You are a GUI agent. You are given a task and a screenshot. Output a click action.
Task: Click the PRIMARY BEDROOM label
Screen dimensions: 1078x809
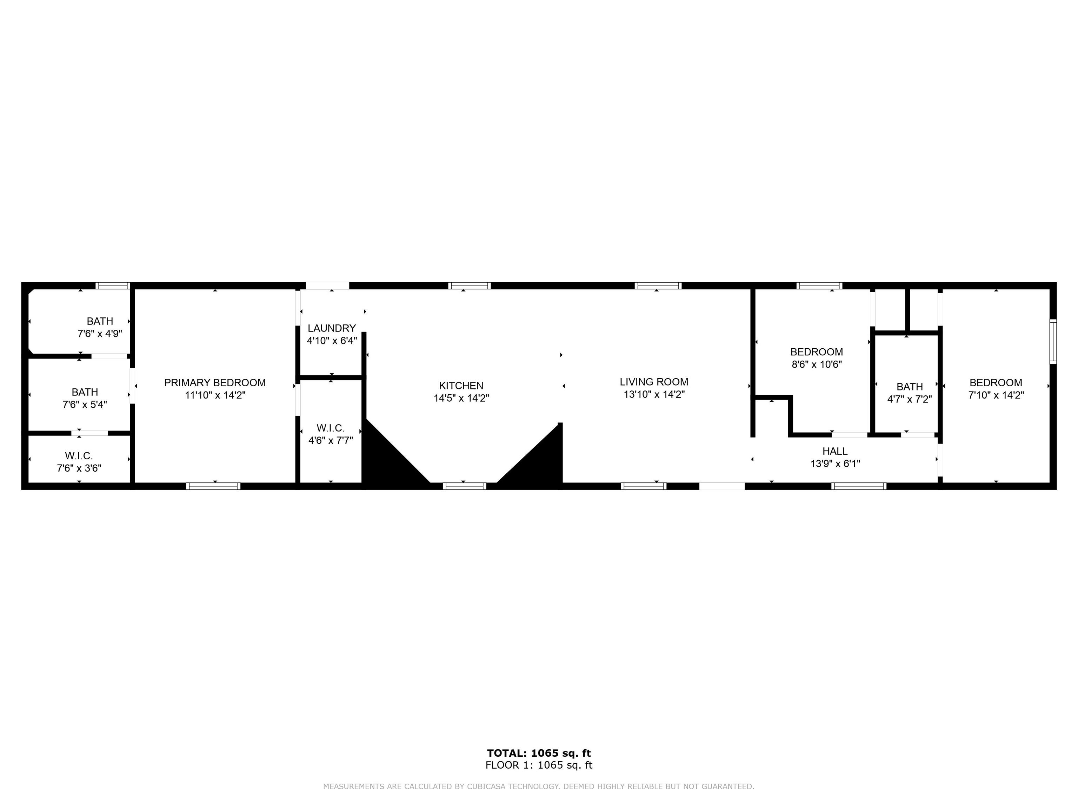215,383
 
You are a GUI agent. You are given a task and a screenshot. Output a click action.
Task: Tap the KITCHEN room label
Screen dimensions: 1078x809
461,386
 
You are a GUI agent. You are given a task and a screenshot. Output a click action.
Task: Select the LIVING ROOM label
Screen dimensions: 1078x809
654,382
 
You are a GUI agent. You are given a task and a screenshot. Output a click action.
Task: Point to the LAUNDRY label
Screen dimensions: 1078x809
332,328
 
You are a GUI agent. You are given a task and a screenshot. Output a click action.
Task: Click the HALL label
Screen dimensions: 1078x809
835,451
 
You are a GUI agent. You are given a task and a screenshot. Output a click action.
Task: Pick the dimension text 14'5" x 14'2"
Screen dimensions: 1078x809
461,398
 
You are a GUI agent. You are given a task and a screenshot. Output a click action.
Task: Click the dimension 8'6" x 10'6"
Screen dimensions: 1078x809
817,364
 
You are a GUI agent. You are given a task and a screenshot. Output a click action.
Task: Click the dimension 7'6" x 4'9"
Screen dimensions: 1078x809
100,334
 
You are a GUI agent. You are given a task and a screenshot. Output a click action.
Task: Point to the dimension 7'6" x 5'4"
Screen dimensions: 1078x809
85,404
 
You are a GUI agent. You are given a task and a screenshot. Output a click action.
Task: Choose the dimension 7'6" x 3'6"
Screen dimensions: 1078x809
79,468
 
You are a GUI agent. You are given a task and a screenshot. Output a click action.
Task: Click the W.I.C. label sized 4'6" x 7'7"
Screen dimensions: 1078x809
331,428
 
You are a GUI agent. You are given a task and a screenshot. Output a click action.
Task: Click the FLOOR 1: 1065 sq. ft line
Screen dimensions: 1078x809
539,765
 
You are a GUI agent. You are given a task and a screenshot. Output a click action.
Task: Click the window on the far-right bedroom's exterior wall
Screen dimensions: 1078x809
1053,341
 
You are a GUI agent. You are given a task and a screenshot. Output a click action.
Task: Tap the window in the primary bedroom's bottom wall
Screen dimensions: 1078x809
213,486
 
